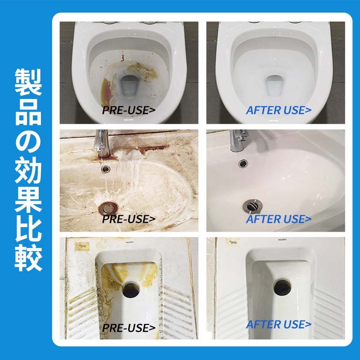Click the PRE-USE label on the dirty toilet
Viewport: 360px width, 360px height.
tap(129, 110)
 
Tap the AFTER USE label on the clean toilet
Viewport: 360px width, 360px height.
tap(279, 110)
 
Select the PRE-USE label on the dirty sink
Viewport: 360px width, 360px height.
tap(129, 219)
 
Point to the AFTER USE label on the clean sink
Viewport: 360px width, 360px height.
tap(279, 219)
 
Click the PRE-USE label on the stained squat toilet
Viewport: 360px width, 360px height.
tap(129, 328)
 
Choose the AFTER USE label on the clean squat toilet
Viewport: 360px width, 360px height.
tap(279, 324)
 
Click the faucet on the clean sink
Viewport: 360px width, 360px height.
tap(239, 140)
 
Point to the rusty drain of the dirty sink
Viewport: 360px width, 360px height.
tap(108, 208)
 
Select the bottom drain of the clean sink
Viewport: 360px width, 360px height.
tap(252, 206)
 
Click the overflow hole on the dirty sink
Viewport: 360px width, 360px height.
tap(105, 169)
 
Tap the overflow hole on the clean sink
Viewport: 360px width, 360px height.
tap(243, 163)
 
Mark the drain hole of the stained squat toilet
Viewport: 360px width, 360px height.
tap(131, 290)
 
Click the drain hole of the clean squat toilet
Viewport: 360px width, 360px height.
tap(283, 287)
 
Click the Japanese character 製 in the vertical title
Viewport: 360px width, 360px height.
tap(28, 82)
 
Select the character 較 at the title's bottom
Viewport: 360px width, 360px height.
tap(28, 259)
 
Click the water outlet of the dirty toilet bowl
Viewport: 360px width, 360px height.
tap(130, 86)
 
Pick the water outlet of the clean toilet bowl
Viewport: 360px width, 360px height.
tap(274, 86)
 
